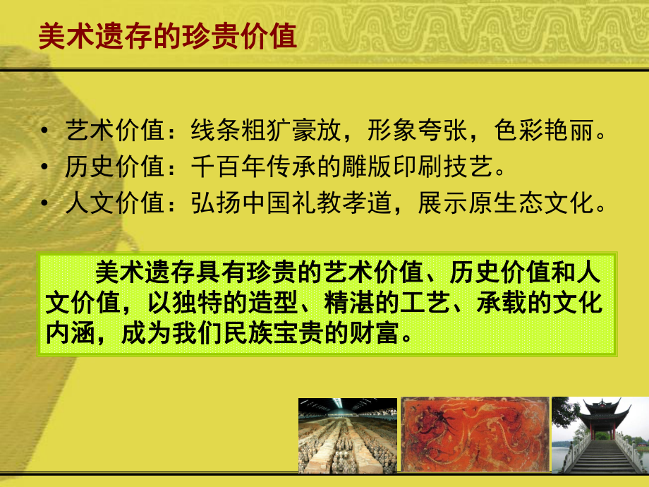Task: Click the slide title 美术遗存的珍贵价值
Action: tap(167, 36)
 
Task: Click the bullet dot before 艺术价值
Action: tap(46, 132)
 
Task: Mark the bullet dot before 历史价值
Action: tap(46, 169)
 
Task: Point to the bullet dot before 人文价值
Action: tap(46, 205)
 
